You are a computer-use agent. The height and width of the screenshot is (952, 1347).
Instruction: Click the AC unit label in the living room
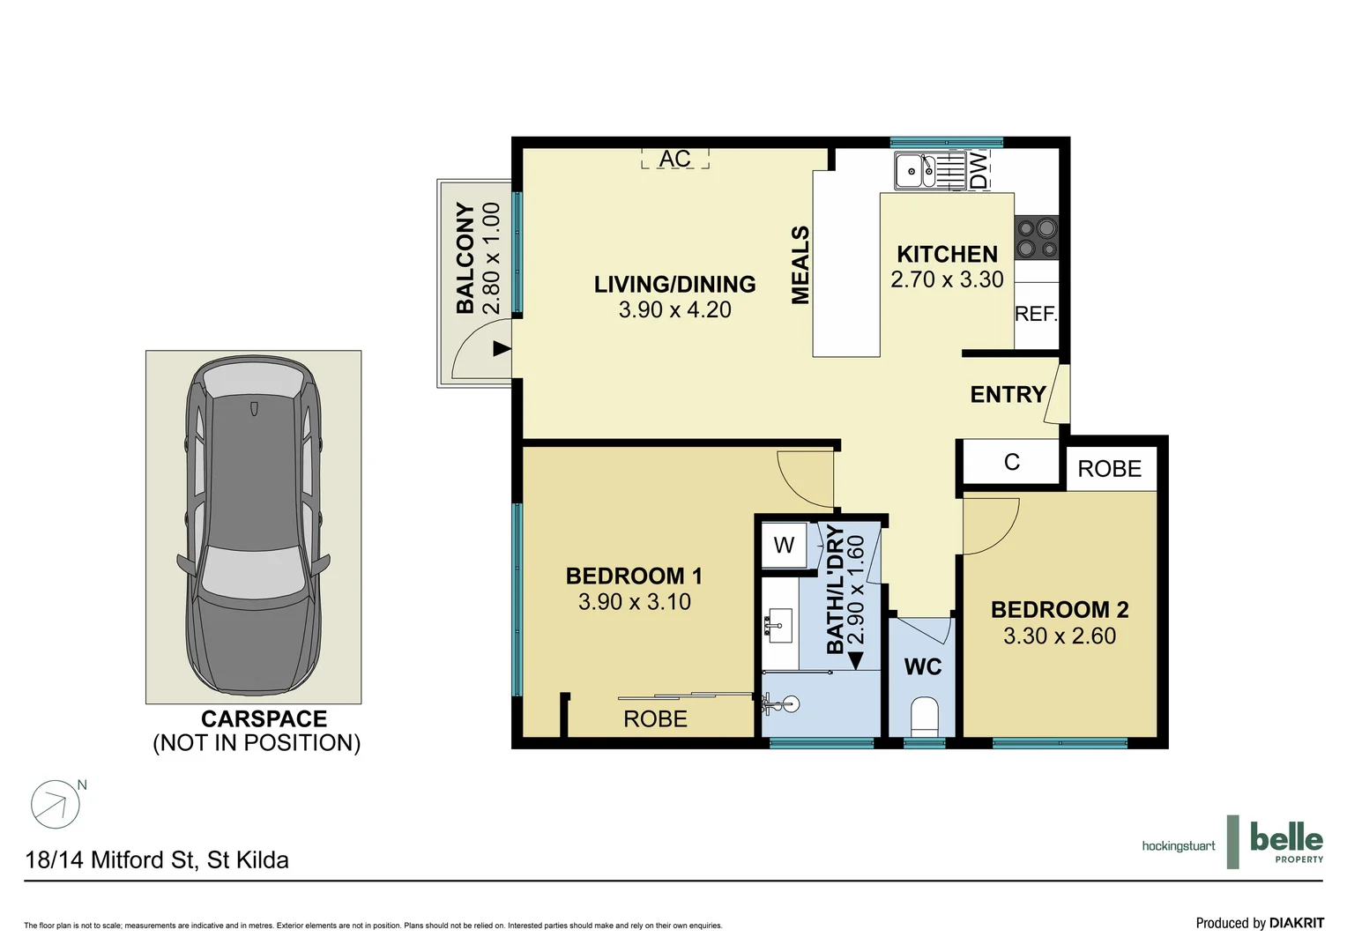pyautogui.click(x=674, y=159)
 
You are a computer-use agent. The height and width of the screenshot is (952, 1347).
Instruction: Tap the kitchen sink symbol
pyautogui.click(x=915, y=170)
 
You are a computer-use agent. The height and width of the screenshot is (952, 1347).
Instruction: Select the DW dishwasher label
pyautogui.click(x=979, y=170)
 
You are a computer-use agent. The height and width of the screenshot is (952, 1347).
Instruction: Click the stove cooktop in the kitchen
pyautogui.click(x=1036, y=238)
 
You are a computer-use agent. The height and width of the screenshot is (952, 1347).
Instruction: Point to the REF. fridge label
pyautogui.click(x=1036, y=314)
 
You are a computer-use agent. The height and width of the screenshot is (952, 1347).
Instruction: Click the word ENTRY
pyautogui.click(x=1008, y=394)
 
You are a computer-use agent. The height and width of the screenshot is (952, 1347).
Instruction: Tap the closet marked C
pyautogui.click(x=1011, y=462)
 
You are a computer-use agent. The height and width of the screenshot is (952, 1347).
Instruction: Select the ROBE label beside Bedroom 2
pyautogui.click(x=1109, y=469)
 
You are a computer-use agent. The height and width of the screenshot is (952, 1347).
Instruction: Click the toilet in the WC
pyautogui.click(x=924, y=715)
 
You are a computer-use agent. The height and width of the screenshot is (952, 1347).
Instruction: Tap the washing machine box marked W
pyautogui.click(x=784, y=545)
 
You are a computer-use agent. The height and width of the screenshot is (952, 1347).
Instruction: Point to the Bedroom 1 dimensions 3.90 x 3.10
pyautogui.click(x=634, y=602)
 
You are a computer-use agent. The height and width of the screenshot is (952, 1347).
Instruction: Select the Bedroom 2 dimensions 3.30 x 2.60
pyautogui.click(x=1059, y=636)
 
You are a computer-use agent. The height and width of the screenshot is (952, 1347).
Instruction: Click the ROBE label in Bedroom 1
pyautogui.click(x=655, y=719)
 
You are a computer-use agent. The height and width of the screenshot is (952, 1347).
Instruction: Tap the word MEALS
pyautogui.click(x=800, y=264)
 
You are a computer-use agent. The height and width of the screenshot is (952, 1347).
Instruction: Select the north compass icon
pyautogui.click(x=56, y=804)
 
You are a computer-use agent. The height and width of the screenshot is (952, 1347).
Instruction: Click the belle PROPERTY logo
pyautogui.click(x=1285, y=842)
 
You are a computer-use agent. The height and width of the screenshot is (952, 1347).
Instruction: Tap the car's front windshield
pyautogui.click(x=254, y=571)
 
